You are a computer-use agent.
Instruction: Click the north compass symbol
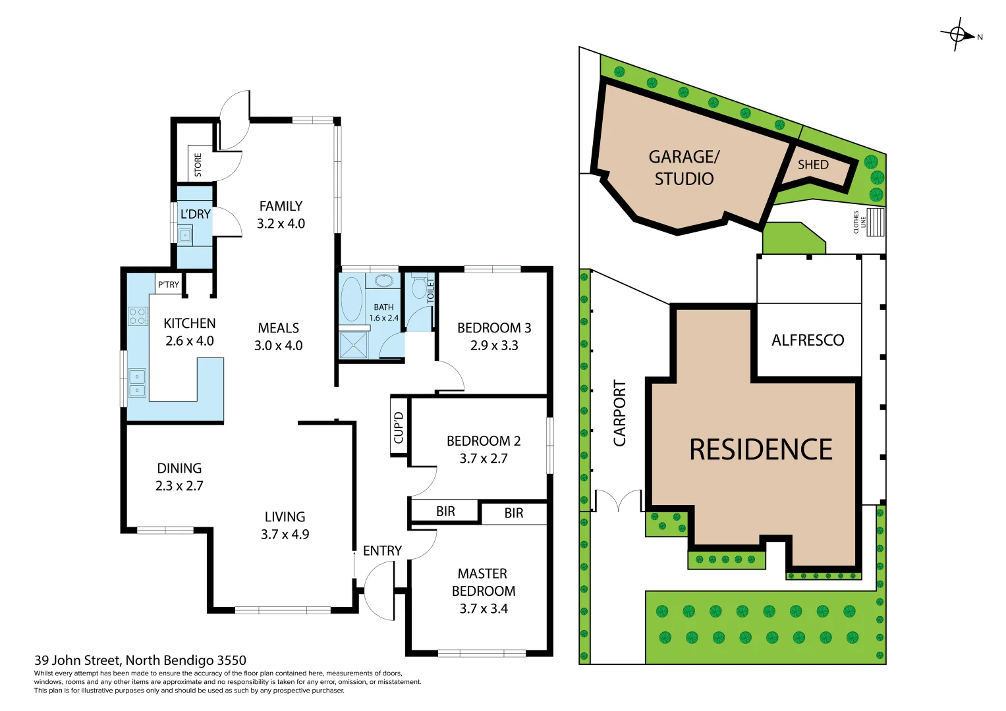pyautogui.click(x=958, y=35)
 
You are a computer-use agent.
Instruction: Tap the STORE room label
pyautogui.click(x=198, y=165)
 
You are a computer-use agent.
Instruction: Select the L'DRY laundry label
pyautogui.click(x=195, y=215)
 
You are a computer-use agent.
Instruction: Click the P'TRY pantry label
pyautogui.click(x=168, y=284)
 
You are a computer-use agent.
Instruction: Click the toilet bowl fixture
pyautogui.click(x=419, y=288)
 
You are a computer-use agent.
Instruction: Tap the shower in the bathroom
pyautogui.click(x=353, y=345)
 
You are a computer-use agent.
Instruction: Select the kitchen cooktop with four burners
pyautogui.click(x=138, y=316)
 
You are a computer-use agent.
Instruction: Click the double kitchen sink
pyautogui.click(x=137, y=382)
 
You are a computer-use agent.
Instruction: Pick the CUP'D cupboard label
pyautogui.click(x=399, y=427)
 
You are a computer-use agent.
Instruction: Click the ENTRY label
pyautogui.click(x=382, y=551)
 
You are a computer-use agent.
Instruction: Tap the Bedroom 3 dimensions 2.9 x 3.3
pyautogui.click(x=494, y=346)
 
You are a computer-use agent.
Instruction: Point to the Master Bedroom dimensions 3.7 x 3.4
pyautogui.click(x=484, y=609)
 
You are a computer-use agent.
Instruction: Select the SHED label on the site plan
pyautogui.click(x=813, y=165)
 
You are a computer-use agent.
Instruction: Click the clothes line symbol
pyautogui.click(x=874, y=223)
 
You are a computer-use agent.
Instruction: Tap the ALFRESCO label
pyautogui.click(x=808, y=340)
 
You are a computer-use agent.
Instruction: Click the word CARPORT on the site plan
pyautogui.click(x=620, y=413)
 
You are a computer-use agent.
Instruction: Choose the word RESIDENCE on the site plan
pyautogui.click(x=760, y=450)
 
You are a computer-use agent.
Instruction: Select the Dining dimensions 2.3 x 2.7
pyautogui.click(x=179, y=486)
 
